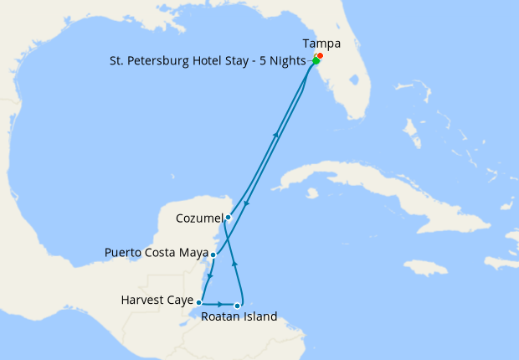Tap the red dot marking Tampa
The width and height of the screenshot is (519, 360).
point(320,56)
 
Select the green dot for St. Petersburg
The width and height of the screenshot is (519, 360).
point(316,61)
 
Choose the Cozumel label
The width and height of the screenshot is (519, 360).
point(198,219)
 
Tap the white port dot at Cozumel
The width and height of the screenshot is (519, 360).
point(228,217)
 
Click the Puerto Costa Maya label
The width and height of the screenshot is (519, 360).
point(155,252)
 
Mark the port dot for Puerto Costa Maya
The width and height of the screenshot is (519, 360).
point(213,255)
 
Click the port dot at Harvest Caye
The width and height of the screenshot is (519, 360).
point(198,302)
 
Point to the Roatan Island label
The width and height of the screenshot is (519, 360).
point(239,317)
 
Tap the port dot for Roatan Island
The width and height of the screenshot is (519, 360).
point(238,306)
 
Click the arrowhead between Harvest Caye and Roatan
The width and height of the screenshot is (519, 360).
point(219,302)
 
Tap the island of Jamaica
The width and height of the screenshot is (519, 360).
point(427,267)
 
